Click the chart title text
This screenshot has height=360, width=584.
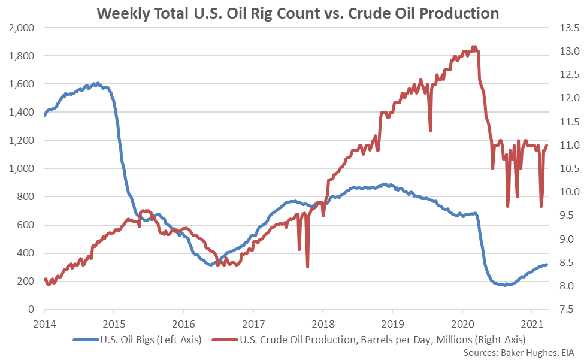point(292,12)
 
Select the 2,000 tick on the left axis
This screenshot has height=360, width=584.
point(22,28)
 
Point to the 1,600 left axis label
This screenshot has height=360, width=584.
point(22,84)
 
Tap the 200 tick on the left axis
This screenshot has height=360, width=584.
point(26,282)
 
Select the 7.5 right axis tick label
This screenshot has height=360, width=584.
point(566,310)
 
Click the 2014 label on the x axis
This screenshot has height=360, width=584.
point(44,323)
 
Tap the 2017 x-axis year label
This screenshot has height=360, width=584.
point(253,323)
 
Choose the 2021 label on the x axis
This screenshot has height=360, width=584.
point(532,323)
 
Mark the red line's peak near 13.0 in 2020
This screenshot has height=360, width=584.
point(474,47)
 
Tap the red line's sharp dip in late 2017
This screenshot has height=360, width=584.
point(307,267)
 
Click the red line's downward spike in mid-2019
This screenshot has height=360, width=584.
point(430,130)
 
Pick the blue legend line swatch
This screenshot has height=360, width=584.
point(84,339)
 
